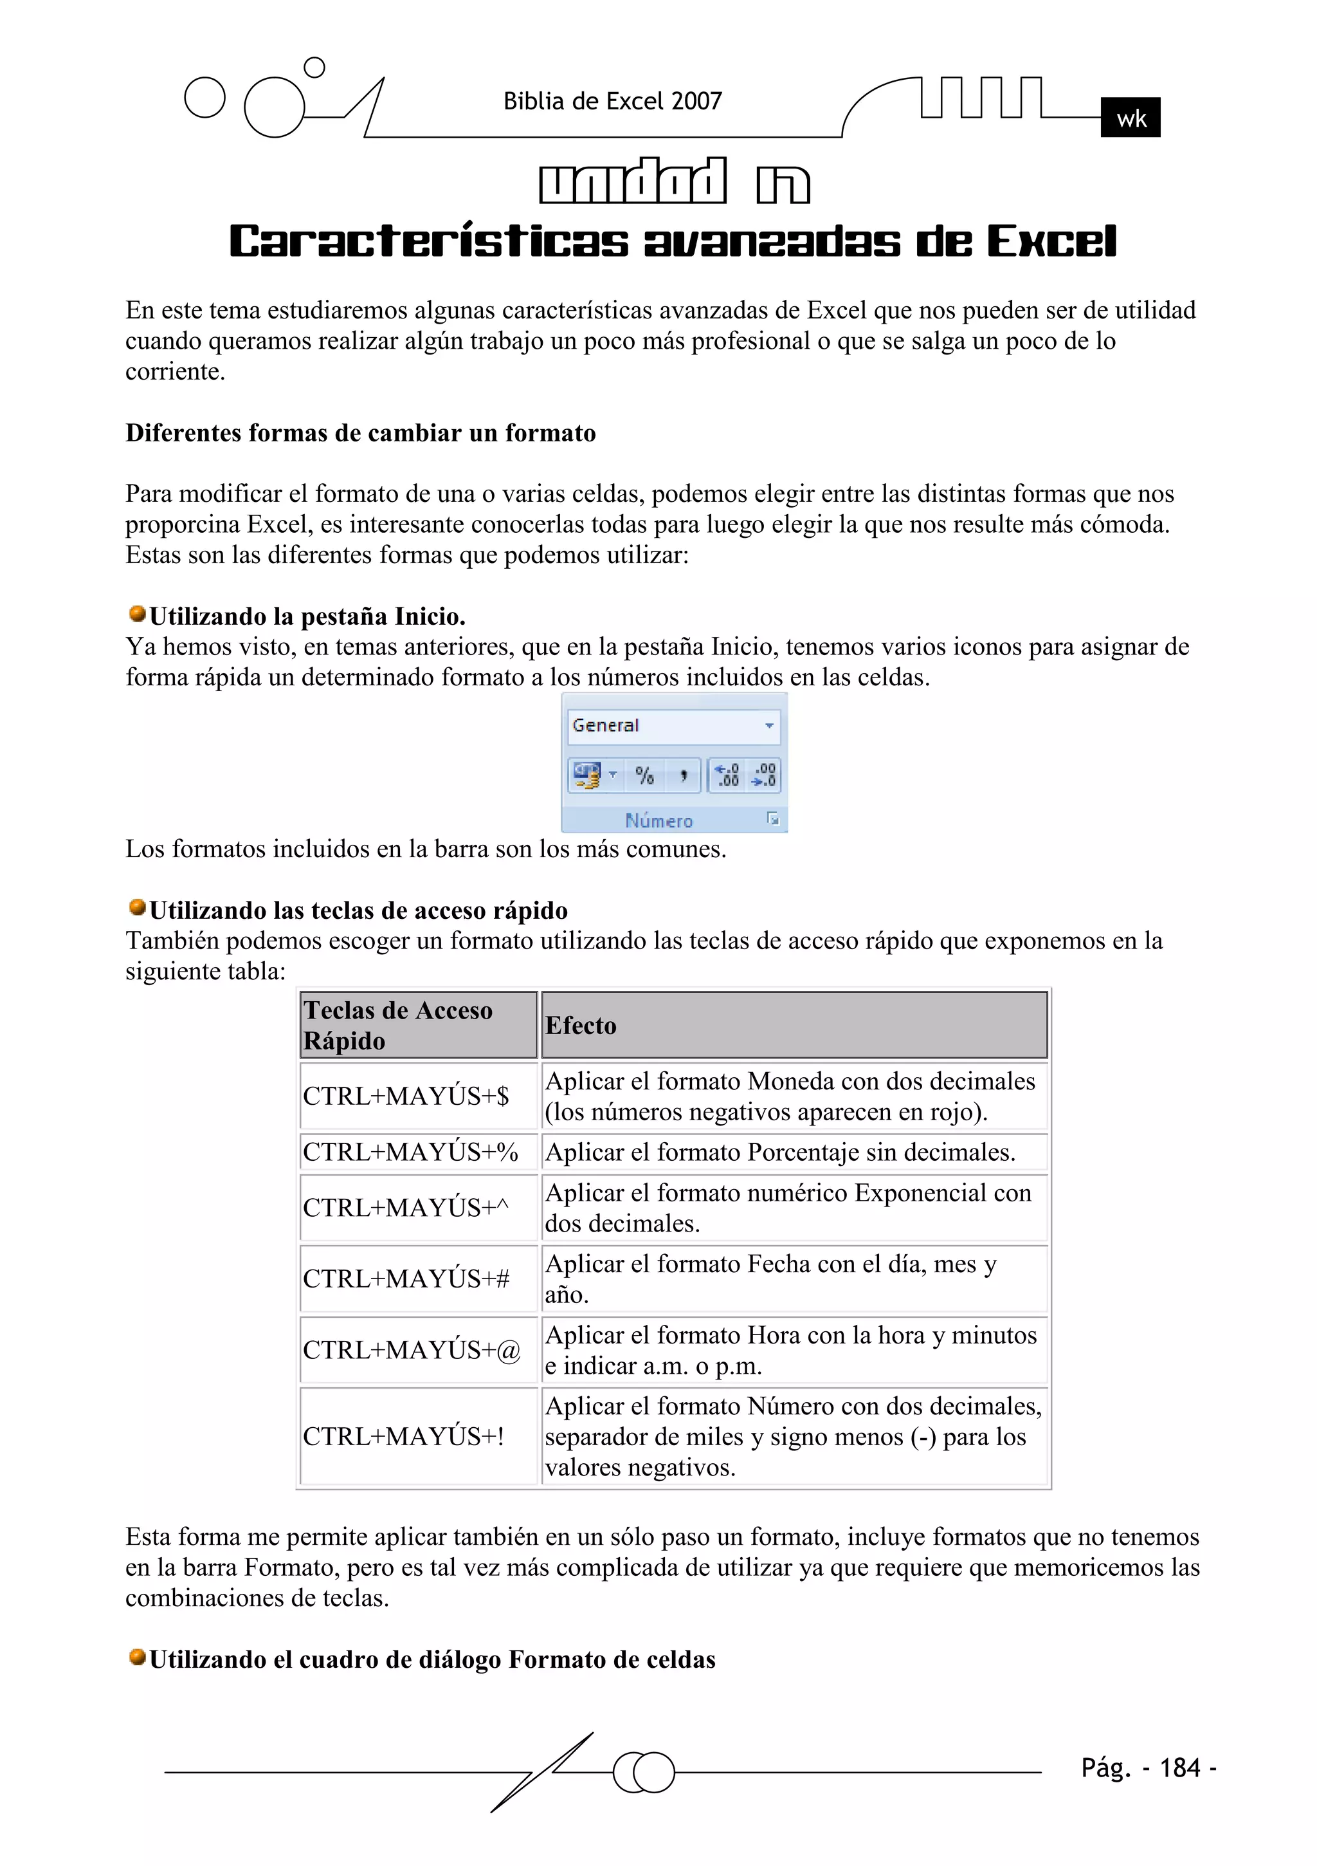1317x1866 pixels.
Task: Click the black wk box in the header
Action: pyautogui.click(x=1129, y=118)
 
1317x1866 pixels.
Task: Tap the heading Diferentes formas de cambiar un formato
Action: pyautogui.click(x=360, y=433)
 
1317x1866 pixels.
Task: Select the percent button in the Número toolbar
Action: pyautogui.click(x=644, y=775)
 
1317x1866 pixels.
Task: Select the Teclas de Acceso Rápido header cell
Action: pyautogui.click(x=419, y=1025)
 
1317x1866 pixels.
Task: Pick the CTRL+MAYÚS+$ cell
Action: pyautogui.click(x=419, y=1096)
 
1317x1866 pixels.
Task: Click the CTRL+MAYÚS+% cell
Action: pyautogui.click(x=419, y=1152)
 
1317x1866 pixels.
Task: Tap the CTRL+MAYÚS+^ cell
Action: pyautogui.click(x=419, y=1208)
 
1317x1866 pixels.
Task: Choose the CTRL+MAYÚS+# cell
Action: pyautogui.click(x=419, y=1279)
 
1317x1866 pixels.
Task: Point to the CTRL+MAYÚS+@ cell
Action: pyautogui.click(x=419, y=1350)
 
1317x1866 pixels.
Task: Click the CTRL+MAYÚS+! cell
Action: pyautogui.click(x=419, y=1436)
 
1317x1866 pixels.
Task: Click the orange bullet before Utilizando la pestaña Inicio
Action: pyautogui.click(x=138, y=614)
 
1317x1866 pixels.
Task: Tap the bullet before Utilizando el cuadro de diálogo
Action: pyautogui.click(x=138, y=1656)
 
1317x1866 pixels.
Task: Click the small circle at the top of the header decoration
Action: pyautogui.click(x=314, y=68)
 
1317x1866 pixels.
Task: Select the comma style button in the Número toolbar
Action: pyautogui.click(x=684, y=775)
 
